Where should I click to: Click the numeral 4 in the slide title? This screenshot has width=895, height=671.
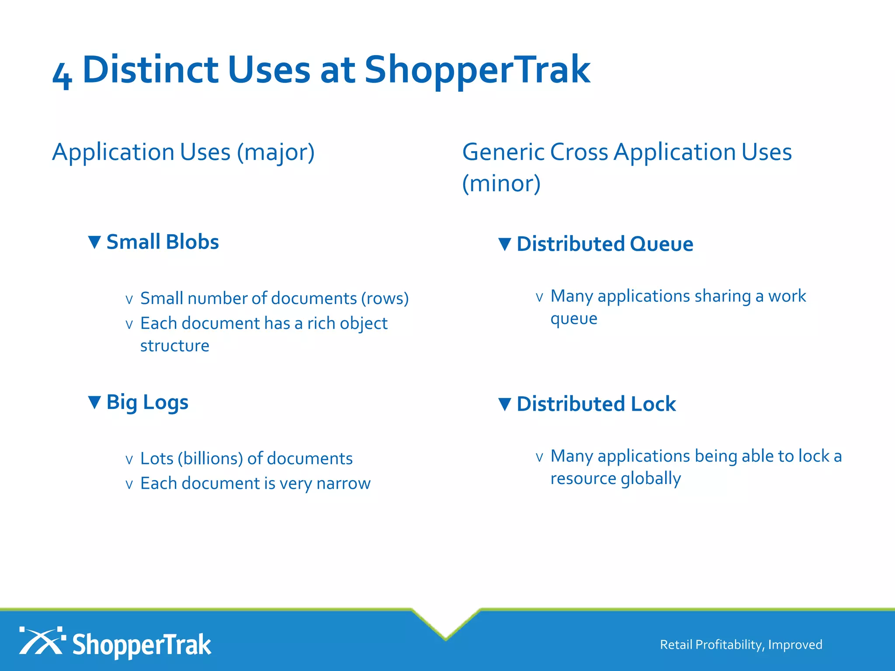[x=62, y=75]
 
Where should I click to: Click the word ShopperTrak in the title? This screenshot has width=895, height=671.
[x=477, y=70]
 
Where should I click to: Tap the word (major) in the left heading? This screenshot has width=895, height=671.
[x=276, y=152]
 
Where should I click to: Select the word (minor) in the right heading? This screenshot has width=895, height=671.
[x=501, y=183]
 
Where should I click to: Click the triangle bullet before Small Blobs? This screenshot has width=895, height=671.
[x=94, y=242]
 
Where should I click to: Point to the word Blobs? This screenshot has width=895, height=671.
[x=192, y=242]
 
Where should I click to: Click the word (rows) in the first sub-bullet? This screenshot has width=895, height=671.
[x=385, y=298]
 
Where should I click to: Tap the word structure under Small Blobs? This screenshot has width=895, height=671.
[x=174, y=346]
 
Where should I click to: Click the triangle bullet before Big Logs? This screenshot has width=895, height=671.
[x=94, y=402]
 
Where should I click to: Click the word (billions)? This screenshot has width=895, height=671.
[x=210, y=459]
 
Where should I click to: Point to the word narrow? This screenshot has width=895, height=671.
[x=343, y=484]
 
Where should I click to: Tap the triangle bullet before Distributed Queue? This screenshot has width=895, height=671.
[x=505, y=244]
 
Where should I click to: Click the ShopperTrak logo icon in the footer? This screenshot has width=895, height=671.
[x=42, y=641]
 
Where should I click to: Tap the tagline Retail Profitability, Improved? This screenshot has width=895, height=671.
[x=741, y=645]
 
